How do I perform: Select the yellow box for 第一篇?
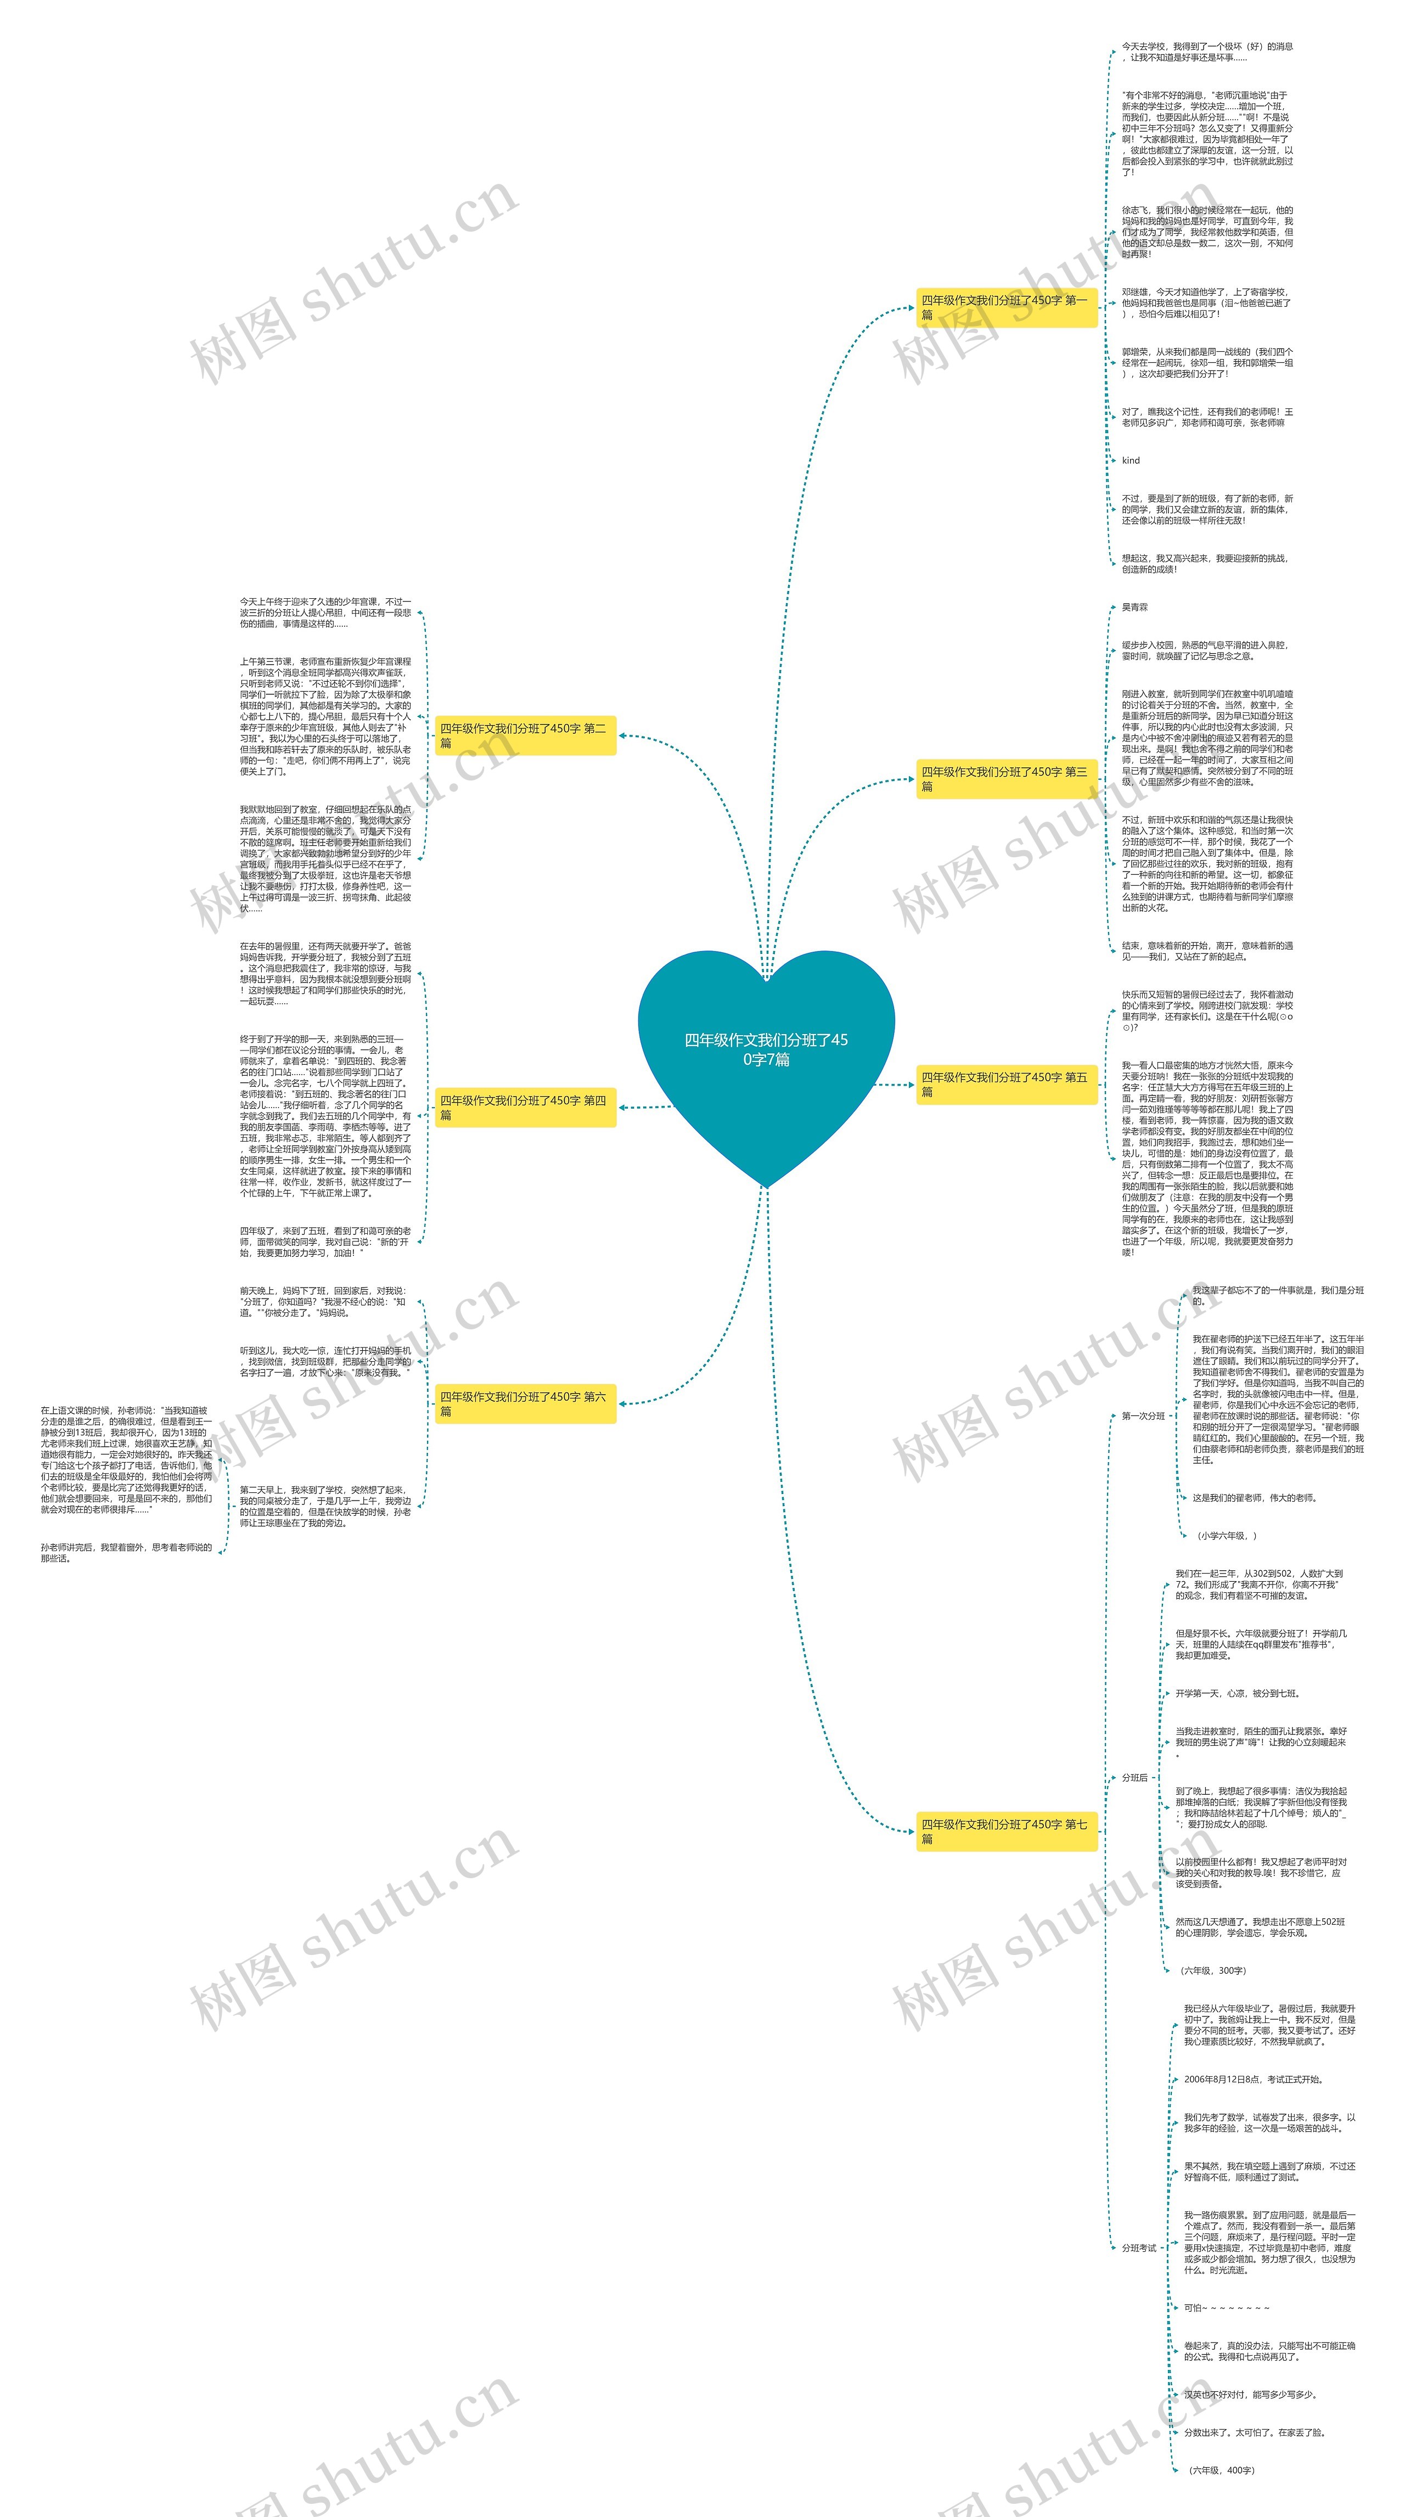(1005, 307)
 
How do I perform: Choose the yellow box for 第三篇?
(1005, 779)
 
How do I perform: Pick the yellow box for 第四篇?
(525, 1107)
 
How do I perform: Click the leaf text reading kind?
(1131, 460)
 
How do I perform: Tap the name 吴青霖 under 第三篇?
(1134, 608)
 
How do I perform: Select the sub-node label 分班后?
(1134, 1777)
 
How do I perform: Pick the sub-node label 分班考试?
(1138, 2248)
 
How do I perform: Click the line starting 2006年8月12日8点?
(1254, 2079)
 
